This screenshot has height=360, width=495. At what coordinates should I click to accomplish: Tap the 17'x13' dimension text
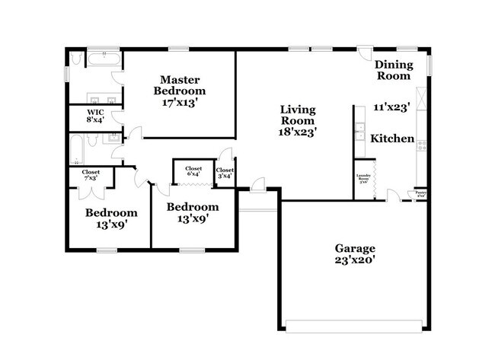click(x=179, y=101)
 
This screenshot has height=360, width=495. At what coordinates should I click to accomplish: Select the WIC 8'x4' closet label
click(x=94, y=116)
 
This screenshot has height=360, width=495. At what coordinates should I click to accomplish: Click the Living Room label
click(x=297, y=115)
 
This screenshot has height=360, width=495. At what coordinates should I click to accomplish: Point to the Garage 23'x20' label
click(x=355, y=254)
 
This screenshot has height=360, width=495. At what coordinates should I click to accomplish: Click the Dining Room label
click(x=392, y=70)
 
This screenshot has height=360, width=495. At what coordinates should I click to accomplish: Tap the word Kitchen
click(x=392, y=139)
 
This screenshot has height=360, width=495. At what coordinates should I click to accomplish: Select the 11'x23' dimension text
click(x=392, y=107)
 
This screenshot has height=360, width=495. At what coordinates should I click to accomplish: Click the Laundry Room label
click(x=364, y=180)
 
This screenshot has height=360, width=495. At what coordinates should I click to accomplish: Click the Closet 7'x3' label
click(x=91, y=174)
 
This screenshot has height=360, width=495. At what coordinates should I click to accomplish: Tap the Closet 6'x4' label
click(x=193, y=170)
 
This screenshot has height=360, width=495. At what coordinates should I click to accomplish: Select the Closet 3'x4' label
click(x=225, y=172)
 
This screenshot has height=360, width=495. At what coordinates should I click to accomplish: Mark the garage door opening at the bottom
click(x=355, y=327)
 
